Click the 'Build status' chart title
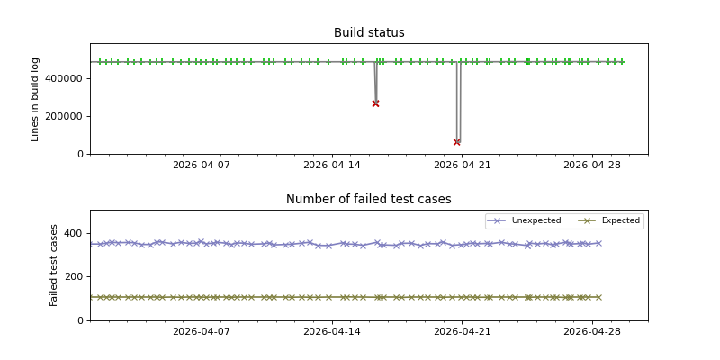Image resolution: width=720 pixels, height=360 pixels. coord(369,33)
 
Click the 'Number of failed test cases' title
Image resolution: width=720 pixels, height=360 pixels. coord(369,200)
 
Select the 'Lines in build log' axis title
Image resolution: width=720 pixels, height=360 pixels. coord(35,99)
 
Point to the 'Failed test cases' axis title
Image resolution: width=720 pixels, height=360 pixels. coord(54,265)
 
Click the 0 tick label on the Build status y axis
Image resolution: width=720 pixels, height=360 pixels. coord(80,154)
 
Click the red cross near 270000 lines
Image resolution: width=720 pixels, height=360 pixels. coord(375,103)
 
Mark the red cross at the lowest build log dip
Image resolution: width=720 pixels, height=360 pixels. coord(457,142)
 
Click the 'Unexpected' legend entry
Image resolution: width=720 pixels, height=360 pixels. coord(535,220)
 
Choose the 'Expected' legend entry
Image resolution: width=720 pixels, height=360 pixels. coord(620,220)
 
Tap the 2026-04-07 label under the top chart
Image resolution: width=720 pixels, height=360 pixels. coord(201,166)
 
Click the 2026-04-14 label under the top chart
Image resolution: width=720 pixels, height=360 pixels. coord(331,166)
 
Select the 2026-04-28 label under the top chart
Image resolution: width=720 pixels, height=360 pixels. coord(592,166)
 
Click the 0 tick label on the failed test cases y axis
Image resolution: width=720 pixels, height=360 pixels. coord(80,320)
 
